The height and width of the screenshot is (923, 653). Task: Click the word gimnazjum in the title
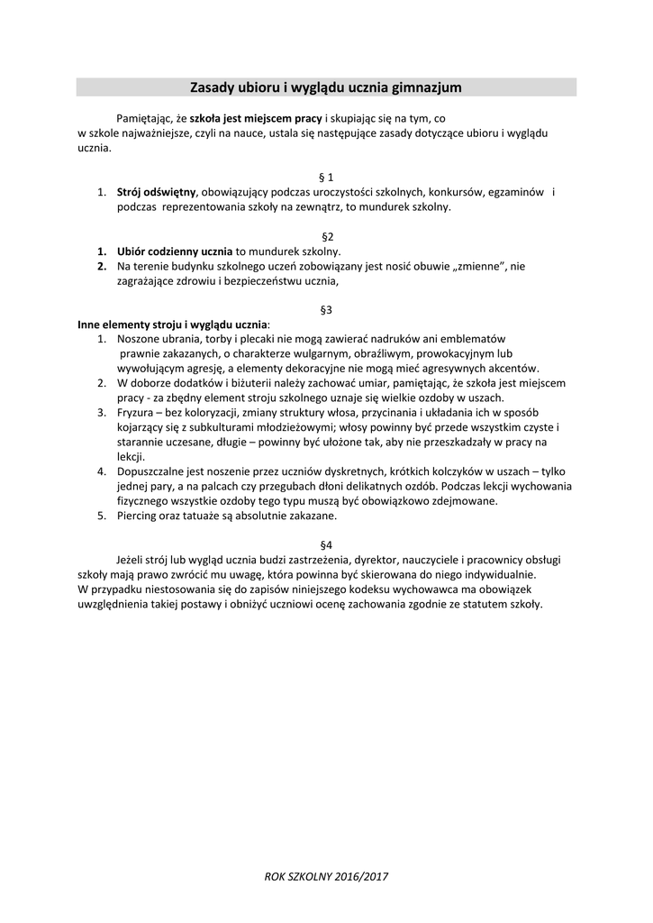[x=427, y=87]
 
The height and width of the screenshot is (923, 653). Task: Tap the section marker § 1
[x=327, y=178]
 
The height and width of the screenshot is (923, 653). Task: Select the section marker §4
[x=327, y=544]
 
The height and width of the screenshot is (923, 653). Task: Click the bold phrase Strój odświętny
[x=157, y=192]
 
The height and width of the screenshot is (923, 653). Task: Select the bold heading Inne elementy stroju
[x=130, y=324]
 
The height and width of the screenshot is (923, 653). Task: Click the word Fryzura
[x=137, y=412]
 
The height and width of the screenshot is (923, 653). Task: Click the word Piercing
[x=141, y=516]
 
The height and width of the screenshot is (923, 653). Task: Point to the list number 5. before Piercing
[x=102, y=516]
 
